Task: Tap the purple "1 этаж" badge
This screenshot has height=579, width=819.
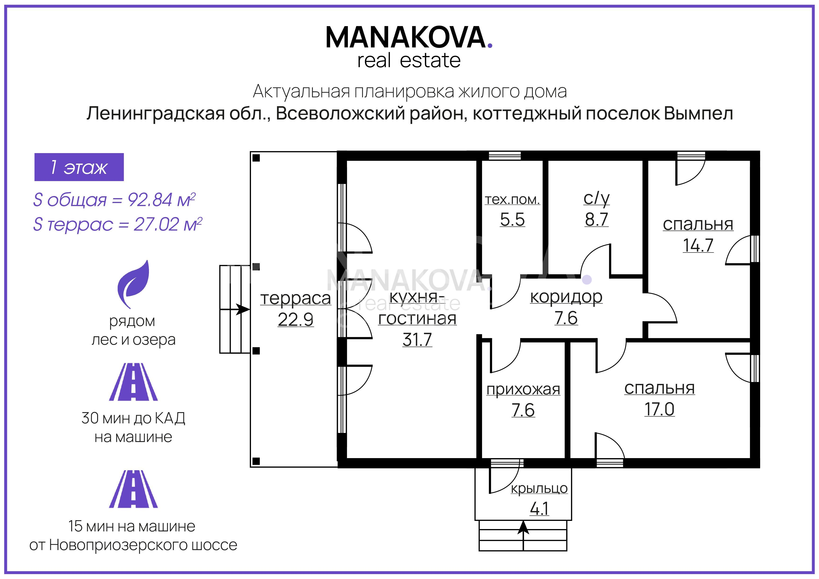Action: pyautogui.click(x=79, y=167)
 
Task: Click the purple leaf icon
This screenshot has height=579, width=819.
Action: pyautogui.click(x=133, y=284)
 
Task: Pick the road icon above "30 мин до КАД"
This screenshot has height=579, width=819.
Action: pyautogui.click(x=133, y=382)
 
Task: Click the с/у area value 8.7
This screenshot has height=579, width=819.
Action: pyautogui.click(x=597, y=219)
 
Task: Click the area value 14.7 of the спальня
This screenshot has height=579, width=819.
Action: pyautogui.click(x=698, y=245)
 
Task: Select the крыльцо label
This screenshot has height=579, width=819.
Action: pyautogui.click(x=539, y=489)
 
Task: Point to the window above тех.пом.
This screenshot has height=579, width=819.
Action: pyautogui.click(x=504, y=155)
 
